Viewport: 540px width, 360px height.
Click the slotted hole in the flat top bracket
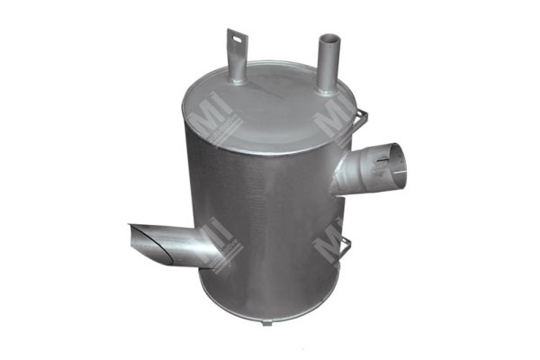[236, 39]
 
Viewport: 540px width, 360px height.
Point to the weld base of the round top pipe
[324, 88]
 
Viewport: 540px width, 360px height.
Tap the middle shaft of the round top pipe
[326, 65]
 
